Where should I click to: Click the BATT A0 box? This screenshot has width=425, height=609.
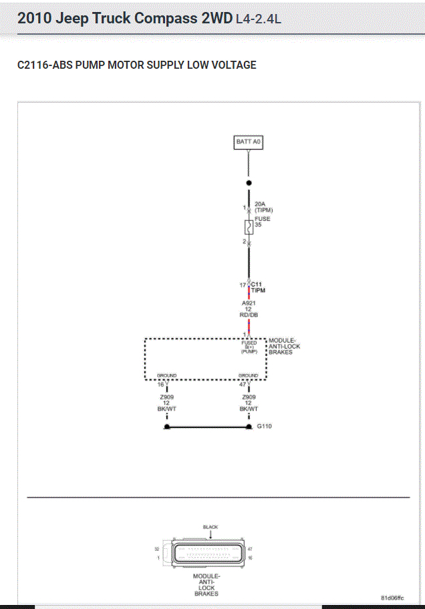[249, 142]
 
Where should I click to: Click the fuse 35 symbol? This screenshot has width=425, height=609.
[249, 226]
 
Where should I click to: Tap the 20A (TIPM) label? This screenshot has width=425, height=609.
[263, 207]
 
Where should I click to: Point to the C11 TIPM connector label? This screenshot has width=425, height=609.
[259, 288]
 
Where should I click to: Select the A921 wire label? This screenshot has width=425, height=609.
[249, 302]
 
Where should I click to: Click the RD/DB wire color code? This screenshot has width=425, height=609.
[249, 315]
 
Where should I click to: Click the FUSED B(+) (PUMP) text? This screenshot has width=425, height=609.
[249, 347]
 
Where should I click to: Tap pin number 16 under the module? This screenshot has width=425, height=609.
[160, 385]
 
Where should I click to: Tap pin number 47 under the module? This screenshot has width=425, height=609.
[243, 385]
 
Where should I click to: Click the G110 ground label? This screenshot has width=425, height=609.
[264, 426]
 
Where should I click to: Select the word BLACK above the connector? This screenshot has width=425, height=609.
[210, 527]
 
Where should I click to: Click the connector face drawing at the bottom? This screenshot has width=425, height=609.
[206, 553]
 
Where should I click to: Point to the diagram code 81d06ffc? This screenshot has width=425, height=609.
[392, 598]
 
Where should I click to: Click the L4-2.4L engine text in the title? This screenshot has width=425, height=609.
[258, 19]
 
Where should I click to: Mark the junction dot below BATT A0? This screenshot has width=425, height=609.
[249, 182]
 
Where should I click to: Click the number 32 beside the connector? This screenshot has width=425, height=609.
[158, 548]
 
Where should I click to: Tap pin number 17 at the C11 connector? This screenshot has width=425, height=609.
[243, 285]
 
